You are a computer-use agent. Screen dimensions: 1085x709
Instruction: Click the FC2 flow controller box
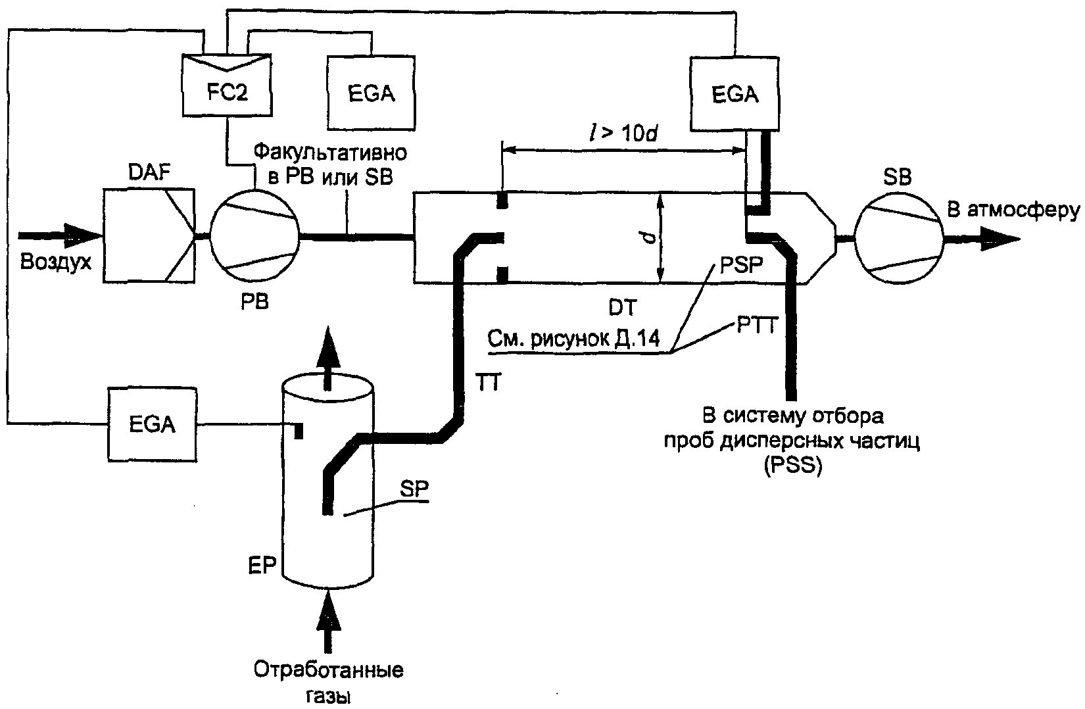click(227, 86)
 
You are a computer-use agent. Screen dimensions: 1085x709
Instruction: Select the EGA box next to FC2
click(371, 93)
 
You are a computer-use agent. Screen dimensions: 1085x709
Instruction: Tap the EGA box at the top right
click(735, 94)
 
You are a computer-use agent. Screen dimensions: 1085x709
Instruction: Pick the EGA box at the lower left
click(152, 424)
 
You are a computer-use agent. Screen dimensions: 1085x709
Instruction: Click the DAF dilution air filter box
click(149, 235)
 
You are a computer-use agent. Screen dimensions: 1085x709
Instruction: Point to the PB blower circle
click(254, 235)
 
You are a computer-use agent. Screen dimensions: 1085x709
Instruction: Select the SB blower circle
click(898, 239)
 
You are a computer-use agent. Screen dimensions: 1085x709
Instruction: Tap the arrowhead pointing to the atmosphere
click(1000, 239)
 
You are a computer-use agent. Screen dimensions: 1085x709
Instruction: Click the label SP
click(414, 489)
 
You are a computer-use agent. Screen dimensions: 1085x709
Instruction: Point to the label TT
click(489, 382)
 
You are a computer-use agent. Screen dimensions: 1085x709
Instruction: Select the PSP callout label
click(741, 265)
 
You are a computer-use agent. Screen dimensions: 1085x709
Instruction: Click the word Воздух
click(56, 262)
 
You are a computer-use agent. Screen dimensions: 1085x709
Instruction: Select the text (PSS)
click(793, 466)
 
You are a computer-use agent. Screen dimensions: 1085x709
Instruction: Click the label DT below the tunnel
click(623, 307)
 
